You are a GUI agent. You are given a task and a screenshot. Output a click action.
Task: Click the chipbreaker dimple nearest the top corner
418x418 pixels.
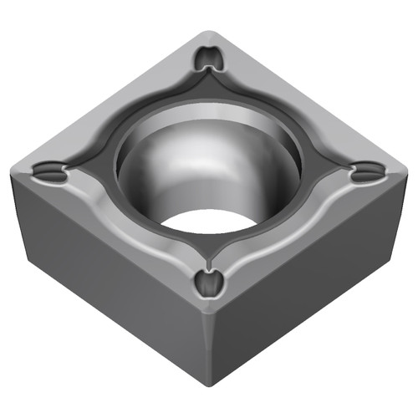208,59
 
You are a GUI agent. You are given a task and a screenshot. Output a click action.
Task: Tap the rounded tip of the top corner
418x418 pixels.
209,35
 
